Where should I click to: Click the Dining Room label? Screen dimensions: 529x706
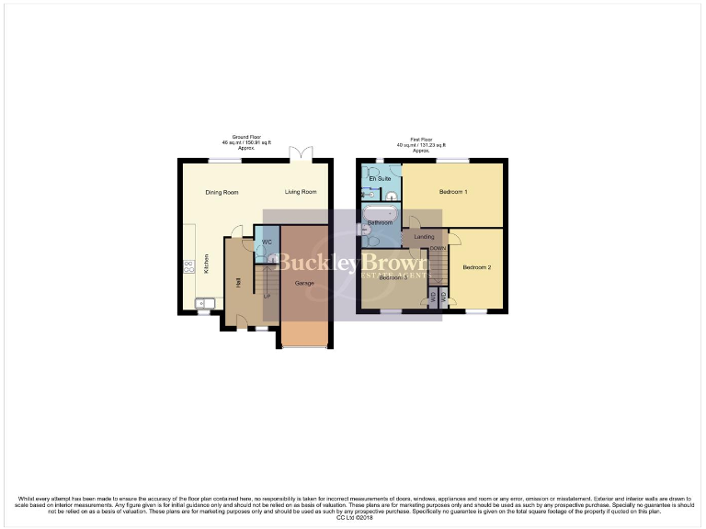point(222,192)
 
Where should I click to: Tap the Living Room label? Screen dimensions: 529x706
point(301,192)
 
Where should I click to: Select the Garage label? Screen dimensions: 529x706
point(304,283)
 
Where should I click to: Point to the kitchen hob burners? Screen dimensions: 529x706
point(188,266)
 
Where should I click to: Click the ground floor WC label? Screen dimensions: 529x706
point(266,242)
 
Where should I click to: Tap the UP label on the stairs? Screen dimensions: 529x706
point(267,297)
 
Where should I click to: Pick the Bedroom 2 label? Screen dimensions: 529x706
point(476,267)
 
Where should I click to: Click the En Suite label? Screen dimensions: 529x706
point(381,178)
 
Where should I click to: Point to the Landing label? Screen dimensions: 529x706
point(424,237)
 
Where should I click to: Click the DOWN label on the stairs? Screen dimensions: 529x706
point(438,248)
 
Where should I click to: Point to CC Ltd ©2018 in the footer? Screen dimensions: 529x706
point(352,518)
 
